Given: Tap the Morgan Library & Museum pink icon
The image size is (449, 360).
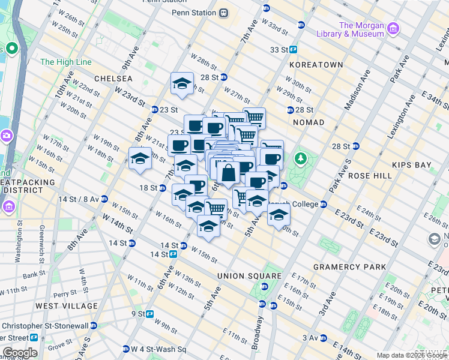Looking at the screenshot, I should (393, 29).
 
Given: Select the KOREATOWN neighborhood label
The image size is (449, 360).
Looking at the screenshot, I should (315, 64).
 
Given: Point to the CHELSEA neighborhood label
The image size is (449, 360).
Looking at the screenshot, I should (113, 79).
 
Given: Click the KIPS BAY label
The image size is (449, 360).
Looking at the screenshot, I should (411, 164).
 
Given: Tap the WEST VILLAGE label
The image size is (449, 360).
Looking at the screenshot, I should (66, 306).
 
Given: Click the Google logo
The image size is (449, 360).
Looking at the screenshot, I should (20, 353).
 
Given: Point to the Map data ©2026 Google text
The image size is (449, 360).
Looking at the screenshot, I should (411, 355).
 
